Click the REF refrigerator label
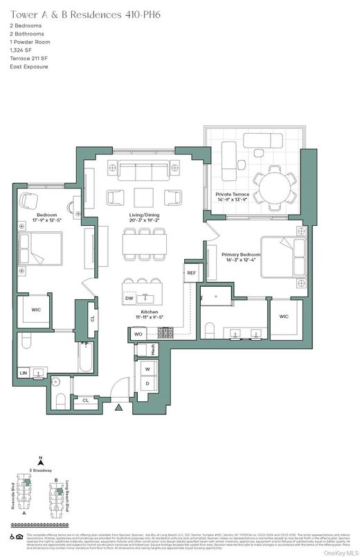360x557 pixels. coord(192,273)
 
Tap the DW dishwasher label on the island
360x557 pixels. coord(129,299)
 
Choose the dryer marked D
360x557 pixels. coord(147,383)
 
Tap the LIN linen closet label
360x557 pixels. coord(23,373)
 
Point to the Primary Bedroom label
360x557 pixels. coord(240,254)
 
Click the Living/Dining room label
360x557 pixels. coord(143,215)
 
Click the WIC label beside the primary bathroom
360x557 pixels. coord(283,316)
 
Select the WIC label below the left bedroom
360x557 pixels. coord(36,310)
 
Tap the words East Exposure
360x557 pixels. coord(30,67)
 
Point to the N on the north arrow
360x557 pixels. coord(42,459)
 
